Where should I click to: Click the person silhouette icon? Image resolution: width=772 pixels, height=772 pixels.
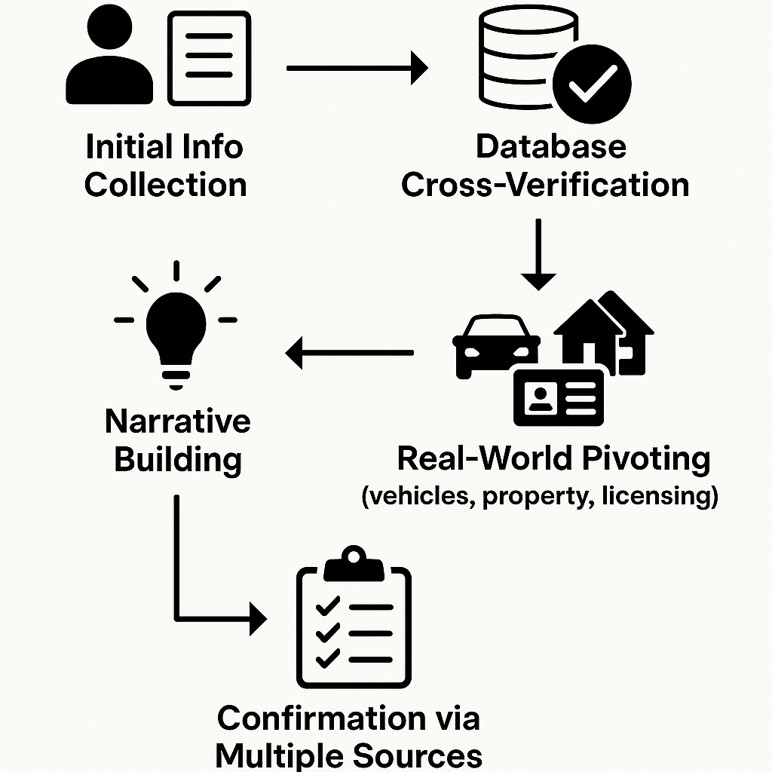109,60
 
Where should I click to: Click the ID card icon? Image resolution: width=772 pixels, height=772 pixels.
559,397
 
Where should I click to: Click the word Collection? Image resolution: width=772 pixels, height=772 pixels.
165,184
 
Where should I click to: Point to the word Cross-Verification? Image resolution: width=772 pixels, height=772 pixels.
545,184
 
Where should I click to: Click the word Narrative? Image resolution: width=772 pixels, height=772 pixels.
178,421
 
